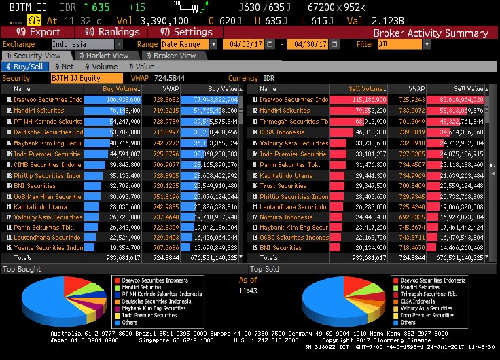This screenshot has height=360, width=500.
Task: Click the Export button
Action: click(39, 32)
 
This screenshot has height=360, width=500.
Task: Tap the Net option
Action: click(64, 67)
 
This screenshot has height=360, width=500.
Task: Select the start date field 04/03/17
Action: click(245, 44)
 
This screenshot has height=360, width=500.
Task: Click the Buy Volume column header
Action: click(122, 88)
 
